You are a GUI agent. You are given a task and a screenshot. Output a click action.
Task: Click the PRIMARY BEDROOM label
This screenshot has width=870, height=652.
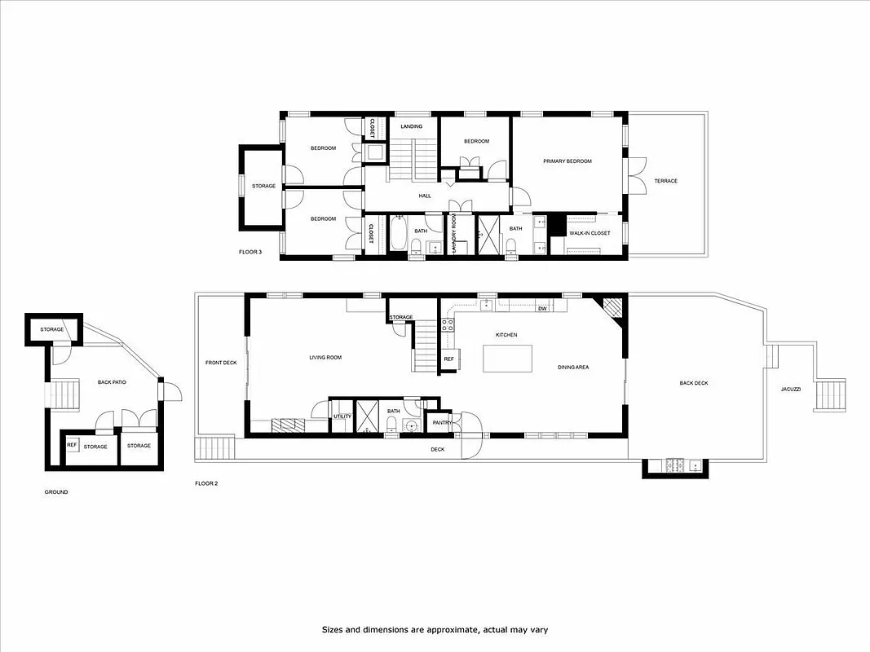567,161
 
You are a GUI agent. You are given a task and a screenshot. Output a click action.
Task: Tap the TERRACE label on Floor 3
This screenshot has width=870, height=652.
665,181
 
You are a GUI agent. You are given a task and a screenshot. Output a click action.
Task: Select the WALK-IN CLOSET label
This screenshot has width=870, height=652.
589,233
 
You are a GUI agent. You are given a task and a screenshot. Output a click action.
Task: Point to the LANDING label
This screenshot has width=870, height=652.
411,126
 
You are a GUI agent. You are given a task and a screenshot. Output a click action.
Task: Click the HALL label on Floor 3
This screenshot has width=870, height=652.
425,196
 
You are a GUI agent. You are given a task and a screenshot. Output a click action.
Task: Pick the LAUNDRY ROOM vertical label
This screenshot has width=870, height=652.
453,236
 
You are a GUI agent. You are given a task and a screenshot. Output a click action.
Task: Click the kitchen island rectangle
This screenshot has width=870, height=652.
507,359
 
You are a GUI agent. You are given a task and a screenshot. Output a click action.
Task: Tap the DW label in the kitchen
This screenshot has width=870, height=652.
541,309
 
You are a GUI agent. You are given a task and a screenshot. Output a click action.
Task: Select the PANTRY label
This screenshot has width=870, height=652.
442,422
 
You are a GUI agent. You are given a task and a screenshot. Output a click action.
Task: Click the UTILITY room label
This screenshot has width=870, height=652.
342,416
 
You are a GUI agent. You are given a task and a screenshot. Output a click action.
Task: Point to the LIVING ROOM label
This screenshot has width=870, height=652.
325,357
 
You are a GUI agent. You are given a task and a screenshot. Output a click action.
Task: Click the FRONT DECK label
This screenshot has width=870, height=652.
220,363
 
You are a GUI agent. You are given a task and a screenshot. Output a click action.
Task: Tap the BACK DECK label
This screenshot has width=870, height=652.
694,383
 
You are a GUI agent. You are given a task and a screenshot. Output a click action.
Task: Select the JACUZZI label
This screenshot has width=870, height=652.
790,390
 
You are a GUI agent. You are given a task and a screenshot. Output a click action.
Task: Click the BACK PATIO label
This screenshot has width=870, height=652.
112,381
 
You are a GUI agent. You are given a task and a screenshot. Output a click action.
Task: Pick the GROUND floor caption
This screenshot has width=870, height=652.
56,492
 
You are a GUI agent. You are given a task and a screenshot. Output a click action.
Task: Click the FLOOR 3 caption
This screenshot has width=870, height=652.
250,252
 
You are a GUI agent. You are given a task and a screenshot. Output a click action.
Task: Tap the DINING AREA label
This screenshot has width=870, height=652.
573,368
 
